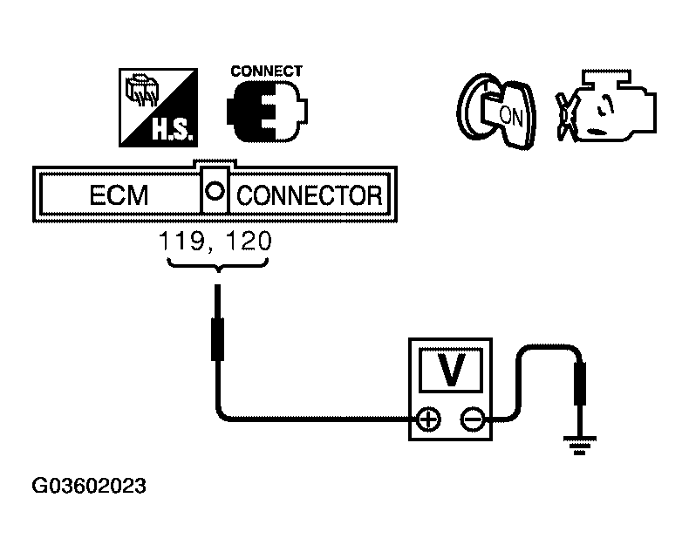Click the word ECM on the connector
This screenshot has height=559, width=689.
coord(119,195)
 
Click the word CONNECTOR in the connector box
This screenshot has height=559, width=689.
coord(309,195)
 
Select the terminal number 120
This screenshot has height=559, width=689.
coord(247,242)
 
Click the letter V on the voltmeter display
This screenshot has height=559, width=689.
coord(450,370)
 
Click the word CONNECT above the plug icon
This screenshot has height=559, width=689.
coord(266,72)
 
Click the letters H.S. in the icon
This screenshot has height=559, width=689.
coord(174,131)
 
